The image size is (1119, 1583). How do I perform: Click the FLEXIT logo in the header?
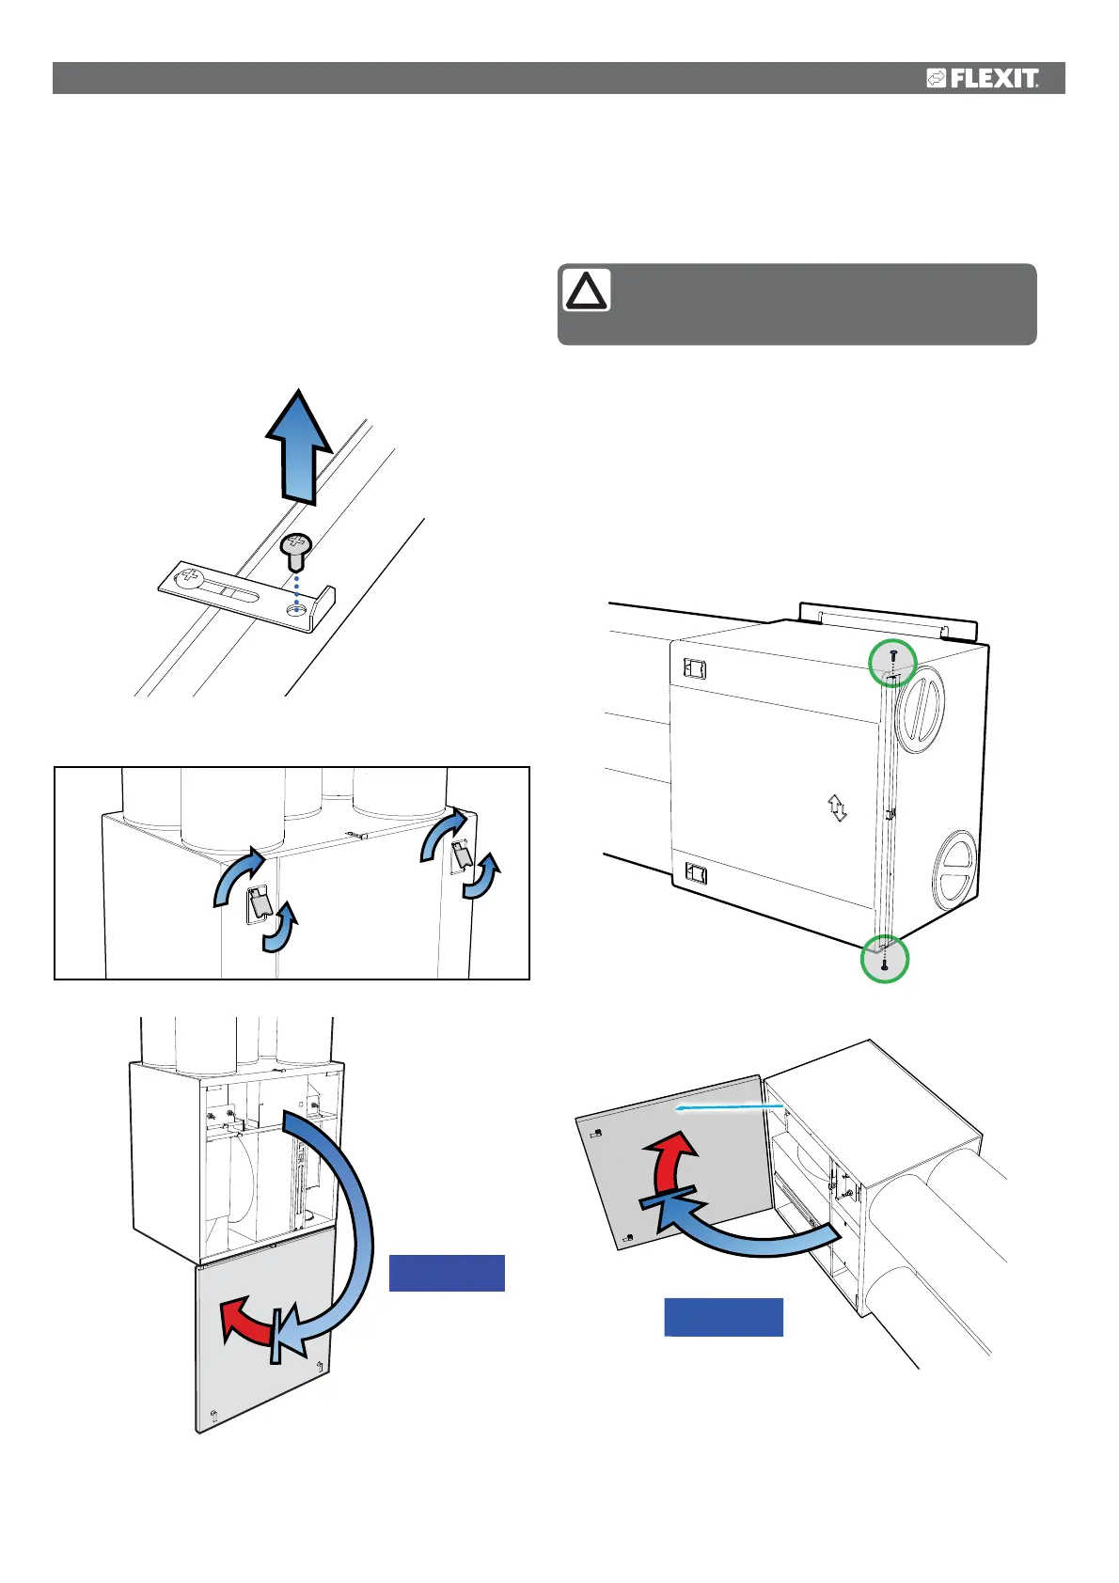[983, 78]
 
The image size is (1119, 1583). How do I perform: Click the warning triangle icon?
[586, 290]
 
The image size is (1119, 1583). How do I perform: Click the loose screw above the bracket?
[297, 550]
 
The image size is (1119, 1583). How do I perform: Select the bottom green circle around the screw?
[885, 959]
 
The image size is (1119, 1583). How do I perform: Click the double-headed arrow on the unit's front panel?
[837, 807]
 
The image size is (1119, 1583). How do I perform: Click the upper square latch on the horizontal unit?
[695, 669]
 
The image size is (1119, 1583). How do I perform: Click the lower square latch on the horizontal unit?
[696, 874]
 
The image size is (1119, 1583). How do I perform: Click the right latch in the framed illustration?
[462, 856]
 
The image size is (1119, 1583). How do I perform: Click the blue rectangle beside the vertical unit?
[447, 1273]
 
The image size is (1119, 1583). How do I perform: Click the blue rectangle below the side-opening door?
[723, 1317]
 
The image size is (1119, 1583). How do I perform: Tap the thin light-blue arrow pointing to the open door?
[729, 1109]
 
